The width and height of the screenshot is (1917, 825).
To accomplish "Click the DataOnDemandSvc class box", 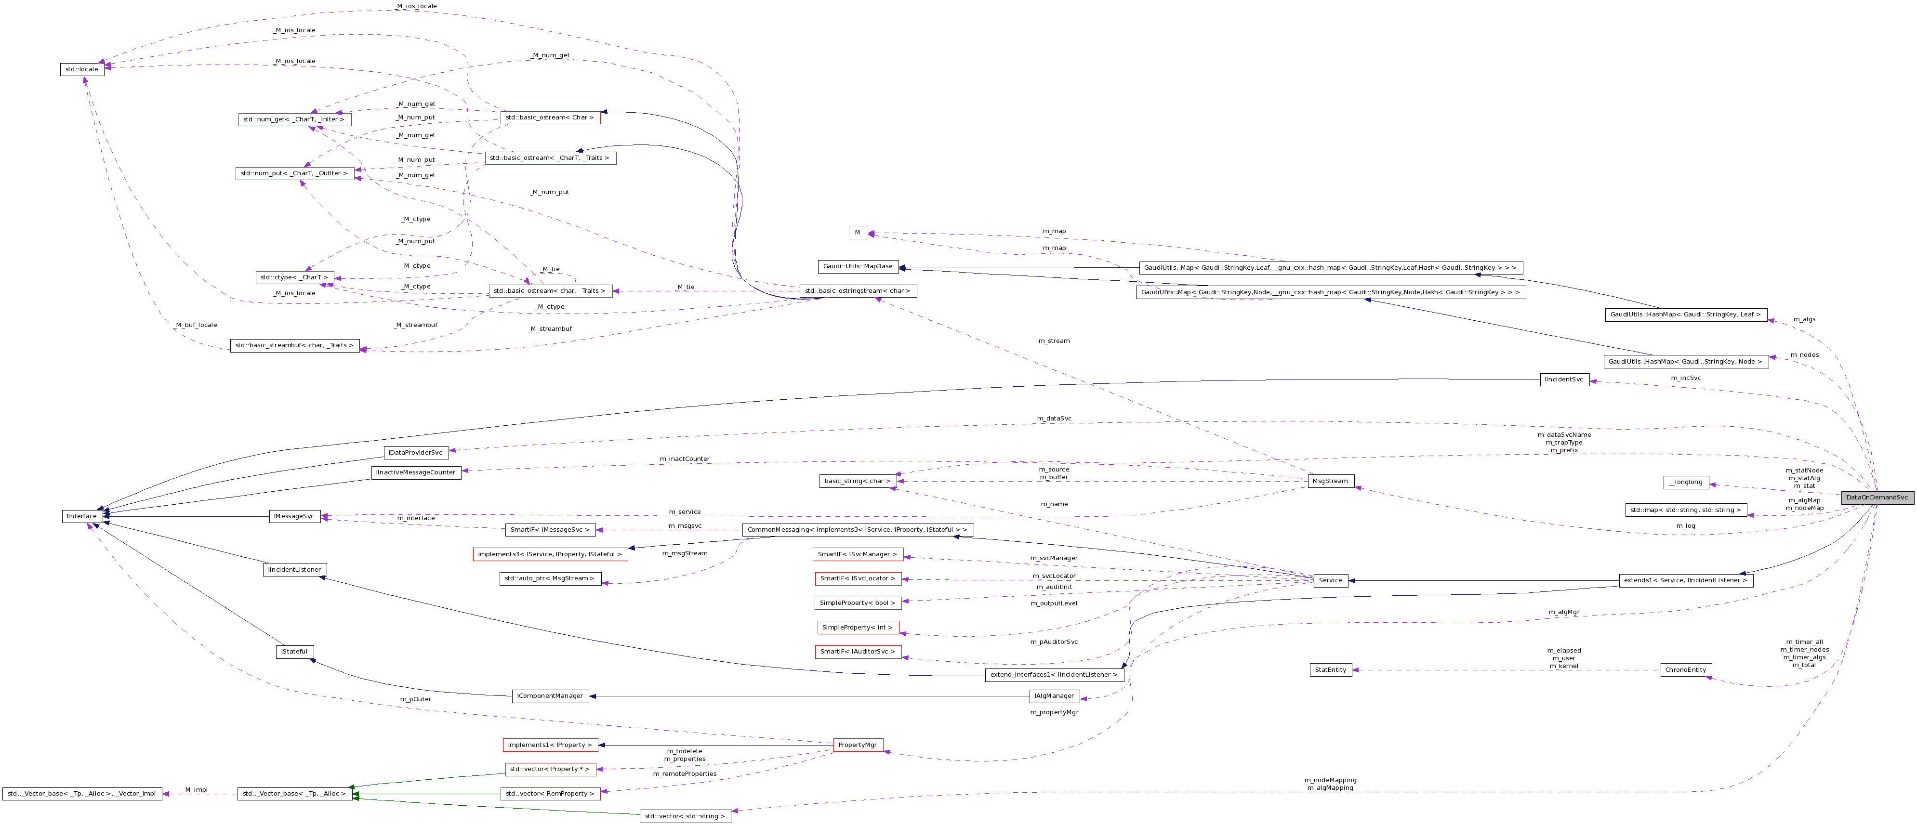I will (x=1877, y=498).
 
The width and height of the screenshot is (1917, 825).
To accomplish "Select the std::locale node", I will (x=82, y=70).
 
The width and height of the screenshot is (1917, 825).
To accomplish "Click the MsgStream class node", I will (x=1330, y=481).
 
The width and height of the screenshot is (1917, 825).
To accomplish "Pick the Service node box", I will (x=1330, y=580).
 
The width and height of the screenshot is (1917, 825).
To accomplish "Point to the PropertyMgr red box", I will (x=857, y=745).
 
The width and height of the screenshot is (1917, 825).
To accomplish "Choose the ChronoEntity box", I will (x=1686, y=670).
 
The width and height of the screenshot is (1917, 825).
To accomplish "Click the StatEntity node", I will (x=1331, y=670).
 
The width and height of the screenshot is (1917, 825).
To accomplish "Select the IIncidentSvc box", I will (x=1564, y=380).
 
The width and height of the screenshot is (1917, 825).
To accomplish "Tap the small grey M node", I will (x=857, y=233).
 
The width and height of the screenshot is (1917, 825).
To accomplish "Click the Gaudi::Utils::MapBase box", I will (x=857, y=266).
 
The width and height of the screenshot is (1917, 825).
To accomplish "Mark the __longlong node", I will (x=1686, y=482).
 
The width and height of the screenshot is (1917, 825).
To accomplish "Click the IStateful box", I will (x=294, y=652).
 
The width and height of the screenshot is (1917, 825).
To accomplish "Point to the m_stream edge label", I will (x=1054, y=340).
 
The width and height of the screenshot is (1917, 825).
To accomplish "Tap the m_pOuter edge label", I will (x=415, y=699).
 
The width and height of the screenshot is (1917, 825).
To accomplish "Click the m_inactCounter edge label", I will (x=684, y=459).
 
